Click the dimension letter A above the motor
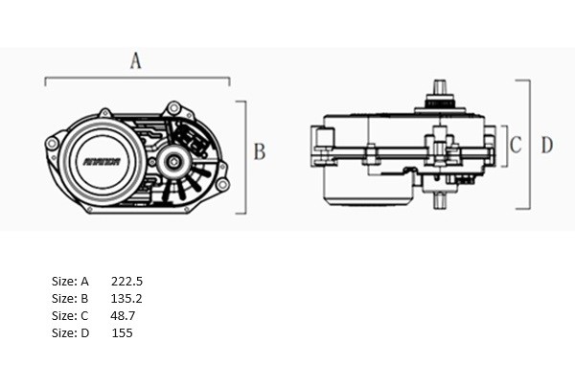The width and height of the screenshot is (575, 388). (x=135, y=60)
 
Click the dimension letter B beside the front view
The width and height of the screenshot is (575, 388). (x=259, y=151)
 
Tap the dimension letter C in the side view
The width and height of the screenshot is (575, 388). (x=515, y=146)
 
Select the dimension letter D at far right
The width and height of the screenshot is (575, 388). (x=546, y=146)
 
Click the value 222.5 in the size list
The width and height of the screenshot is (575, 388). (x=126, y=282)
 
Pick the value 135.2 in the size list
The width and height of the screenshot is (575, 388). (x=126, y=299)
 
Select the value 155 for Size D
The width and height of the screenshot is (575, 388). (x=122, y=332)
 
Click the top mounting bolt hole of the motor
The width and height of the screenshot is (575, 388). (x=173, y=107)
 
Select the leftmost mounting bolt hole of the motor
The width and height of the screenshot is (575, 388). (x=51, y=145)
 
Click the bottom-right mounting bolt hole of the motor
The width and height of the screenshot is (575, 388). (x=222, y=184)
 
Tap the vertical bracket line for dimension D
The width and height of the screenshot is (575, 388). (x=529, y=144)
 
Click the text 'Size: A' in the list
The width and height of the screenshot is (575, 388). (x=70, y=282)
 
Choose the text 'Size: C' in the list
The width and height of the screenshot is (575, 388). (x=70, y=315)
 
